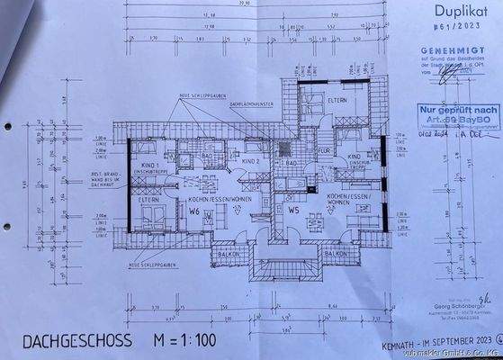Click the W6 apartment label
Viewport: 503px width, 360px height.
pos(194,213)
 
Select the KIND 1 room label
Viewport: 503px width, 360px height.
pos(150,166)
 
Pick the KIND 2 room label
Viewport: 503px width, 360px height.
pos(226,161)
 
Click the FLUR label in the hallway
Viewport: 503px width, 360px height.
pos(325,152)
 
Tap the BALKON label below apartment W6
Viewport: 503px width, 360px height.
pos(229,254)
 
